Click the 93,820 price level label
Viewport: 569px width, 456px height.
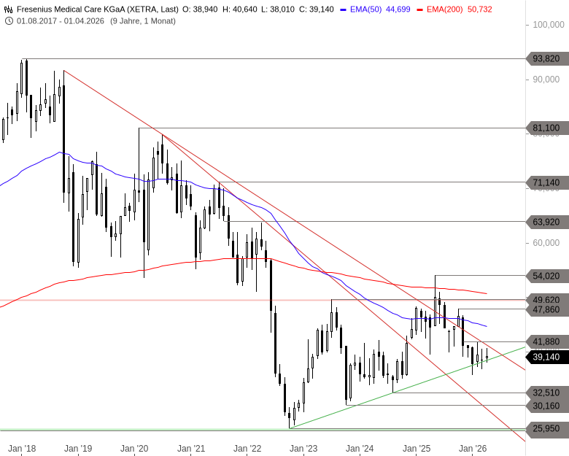[x=546, y=59]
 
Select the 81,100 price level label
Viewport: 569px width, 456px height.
[x=546, y=128]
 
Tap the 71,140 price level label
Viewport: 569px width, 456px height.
[x=546, y=182]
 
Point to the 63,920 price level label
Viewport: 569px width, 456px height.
[x=546, y=221]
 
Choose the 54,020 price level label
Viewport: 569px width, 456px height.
[x=546, y=275]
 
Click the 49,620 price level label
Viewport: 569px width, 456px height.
[x=546, y=299]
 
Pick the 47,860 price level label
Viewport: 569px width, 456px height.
[x=546, y=309]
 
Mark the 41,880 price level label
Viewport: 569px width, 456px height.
[x=546, y=341]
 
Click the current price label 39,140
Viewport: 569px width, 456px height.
[x=546, y=357]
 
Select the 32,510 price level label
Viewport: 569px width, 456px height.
[x=546, y=393]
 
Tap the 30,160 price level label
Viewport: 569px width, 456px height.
[x=546, y=406]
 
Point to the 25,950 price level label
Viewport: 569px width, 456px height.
[x=546, y=428]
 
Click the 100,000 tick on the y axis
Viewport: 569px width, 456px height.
[x=549, y=25]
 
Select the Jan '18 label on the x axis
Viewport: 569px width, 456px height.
[x=22, y=449]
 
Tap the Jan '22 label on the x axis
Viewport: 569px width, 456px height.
[x=247, y=449]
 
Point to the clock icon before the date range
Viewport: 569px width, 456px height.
[x=8, y=20]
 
